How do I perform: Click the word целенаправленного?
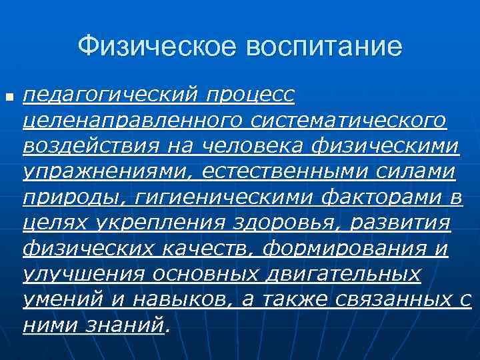[128, 121]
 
